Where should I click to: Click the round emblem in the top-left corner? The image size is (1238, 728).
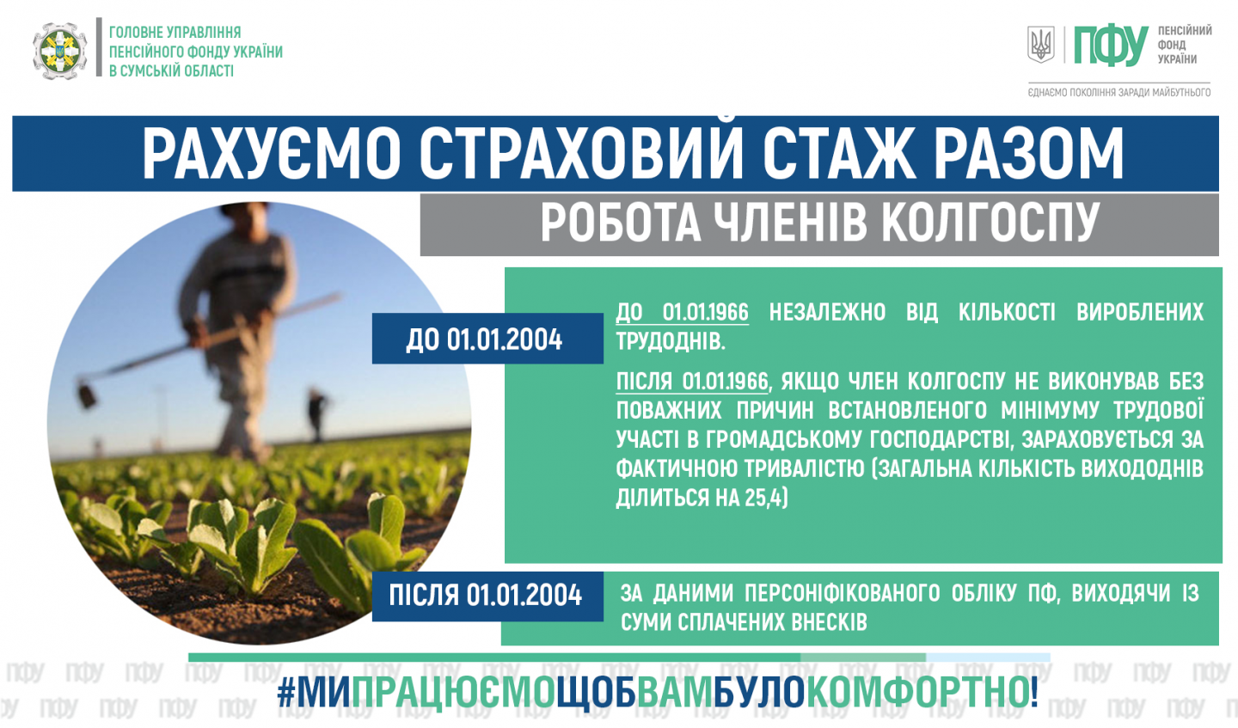[59, 52]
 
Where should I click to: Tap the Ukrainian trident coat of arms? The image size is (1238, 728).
[1040, 45]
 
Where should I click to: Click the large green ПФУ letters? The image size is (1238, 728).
[1110, 46]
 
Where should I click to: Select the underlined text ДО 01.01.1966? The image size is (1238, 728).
[683, 313]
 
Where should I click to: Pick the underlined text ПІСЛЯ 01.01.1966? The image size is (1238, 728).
[692, 382]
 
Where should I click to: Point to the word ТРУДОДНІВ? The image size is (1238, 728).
[669, 342]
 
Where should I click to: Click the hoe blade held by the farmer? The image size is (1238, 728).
[86, 395]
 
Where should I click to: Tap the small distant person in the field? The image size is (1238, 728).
[316, 413]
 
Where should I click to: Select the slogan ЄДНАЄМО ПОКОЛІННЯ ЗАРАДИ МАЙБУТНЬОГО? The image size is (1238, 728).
[1119, 92]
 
